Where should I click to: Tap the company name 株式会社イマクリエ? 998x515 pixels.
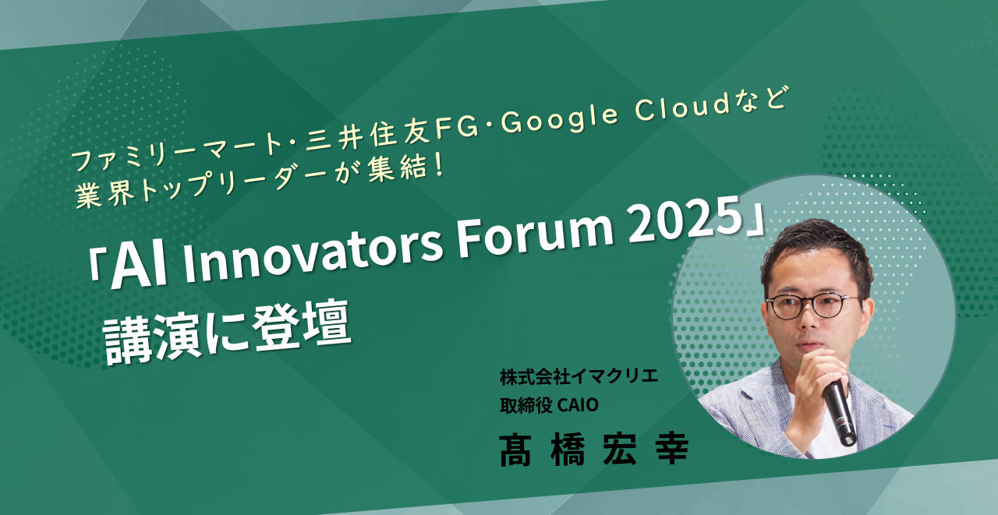click(579, 376)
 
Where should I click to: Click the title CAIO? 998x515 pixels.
click(578, 405)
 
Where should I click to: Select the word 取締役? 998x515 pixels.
click(526, 405)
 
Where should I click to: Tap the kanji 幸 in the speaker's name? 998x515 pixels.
click(672, 449)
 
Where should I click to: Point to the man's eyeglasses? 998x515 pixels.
click(812, 306)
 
